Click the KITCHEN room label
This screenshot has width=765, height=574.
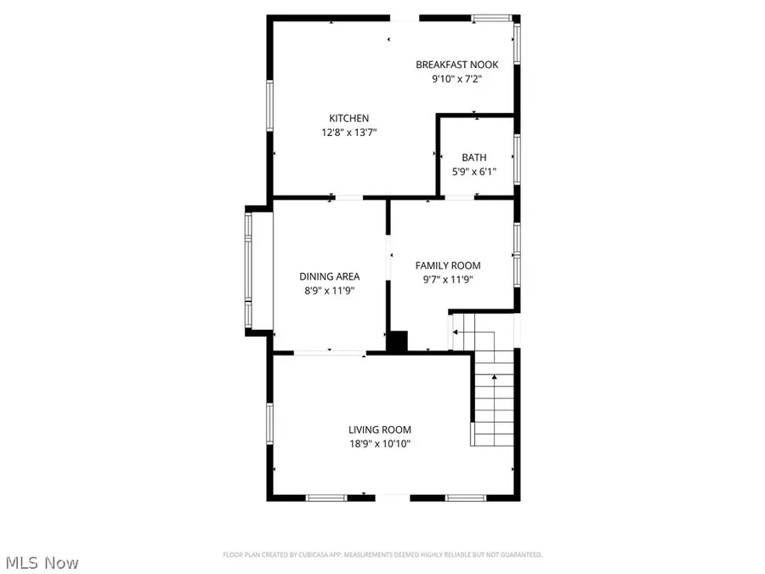(349, 118)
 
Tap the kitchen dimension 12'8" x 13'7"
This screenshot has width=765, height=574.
(349, 133)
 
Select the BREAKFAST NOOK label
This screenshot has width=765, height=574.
(456, 65)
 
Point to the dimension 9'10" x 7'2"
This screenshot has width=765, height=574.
(456, 79)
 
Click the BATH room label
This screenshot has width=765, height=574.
(474, 157)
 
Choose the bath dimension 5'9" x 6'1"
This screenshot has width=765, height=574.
(474, 172)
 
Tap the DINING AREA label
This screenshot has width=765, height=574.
(329, 276)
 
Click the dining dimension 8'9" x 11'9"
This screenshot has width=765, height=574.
(329, 291)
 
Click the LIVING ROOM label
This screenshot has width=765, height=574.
(379, 430)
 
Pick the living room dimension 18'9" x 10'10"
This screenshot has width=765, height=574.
(379, 444)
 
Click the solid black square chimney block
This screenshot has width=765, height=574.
(397, 341)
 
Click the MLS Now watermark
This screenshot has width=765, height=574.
(42, 563)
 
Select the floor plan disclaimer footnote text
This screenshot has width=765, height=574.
(382, 554)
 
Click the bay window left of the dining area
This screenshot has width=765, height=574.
(248, 270)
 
